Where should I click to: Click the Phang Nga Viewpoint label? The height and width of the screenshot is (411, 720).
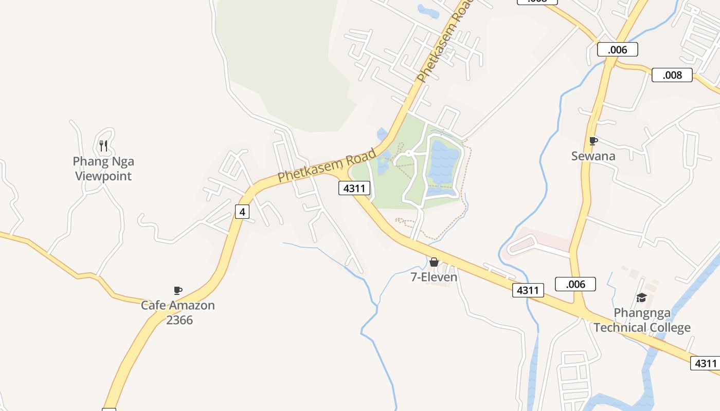click(103, 169)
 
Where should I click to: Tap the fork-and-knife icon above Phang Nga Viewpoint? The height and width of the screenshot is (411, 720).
click(103, 145)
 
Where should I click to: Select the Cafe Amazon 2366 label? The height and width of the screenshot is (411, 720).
click(178, 312)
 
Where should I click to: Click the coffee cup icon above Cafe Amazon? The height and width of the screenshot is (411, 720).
click(178, 290)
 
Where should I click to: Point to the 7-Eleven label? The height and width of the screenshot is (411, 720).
click(434, 277)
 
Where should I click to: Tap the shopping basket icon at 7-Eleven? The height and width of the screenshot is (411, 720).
click(434, 262)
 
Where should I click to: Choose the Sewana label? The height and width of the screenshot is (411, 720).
click(593, 156)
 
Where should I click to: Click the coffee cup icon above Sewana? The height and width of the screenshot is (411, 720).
click(593, 141)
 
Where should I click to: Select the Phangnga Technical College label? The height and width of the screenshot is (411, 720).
click(642, 320)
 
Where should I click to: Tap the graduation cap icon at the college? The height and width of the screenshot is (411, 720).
click(641, 297)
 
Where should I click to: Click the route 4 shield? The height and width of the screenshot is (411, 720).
click(242, 211)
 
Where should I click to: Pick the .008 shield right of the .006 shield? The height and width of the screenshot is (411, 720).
click(672, 75)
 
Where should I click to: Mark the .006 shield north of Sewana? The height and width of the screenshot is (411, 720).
click(617, 49)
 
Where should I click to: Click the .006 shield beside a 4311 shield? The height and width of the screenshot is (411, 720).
click(575, 284)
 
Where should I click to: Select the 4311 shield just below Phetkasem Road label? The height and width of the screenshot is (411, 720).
click(354, 188)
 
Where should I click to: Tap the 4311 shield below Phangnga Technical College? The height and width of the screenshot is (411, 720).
click(705, 363)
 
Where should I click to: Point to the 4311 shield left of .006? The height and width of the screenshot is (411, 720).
click(528, 290)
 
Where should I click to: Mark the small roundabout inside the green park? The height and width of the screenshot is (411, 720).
click(409, 153)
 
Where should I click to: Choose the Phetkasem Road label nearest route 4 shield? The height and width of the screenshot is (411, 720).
click(327, 165)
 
